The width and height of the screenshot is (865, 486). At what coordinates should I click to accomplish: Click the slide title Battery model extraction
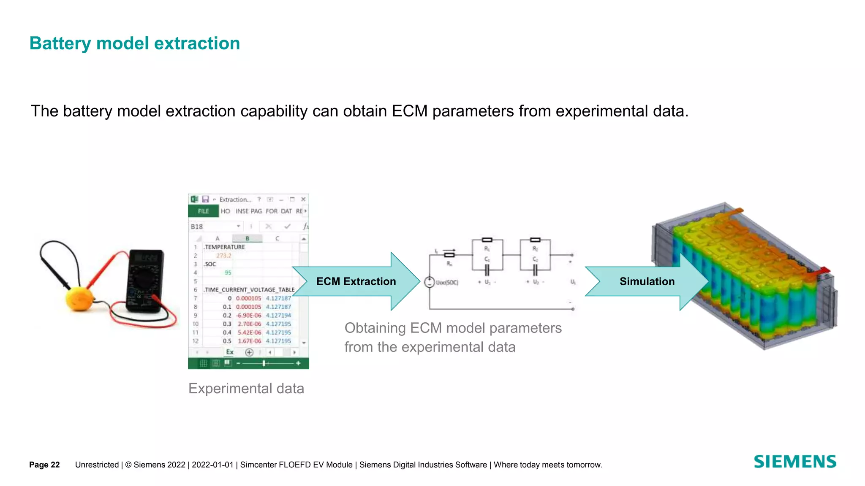(x=134, y=43)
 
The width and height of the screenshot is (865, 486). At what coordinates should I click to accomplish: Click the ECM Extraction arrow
(x=356, y=281)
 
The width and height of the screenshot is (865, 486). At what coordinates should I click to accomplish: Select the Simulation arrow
(x=647, y=281)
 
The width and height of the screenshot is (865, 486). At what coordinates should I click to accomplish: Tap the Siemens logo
(x=794, y=462)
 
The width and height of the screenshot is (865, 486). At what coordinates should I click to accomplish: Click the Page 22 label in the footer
(x=44, y=464)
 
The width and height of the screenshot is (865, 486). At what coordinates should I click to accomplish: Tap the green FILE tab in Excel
(x=203, y=211)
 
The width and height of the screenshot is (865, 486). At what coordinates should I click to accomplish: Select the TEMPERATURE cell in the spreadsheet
(x=224, y=247)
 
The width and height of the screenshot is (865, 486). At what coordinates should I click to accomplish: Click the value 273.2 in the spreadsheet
(x=223, y=256)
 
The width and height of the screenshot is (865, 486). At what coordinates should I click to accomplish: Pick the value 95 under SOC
(x=228, y=273)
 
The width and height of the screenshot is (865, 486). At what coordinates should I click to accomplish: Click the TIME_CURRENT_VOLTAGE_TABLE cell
(x=249, y=290)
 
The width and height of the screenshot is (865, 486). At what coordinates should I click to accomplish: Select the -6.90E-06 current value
(x=248, y=316)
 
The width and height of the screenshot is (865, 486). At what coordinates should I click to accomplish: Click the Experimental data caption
(x=246, y=388)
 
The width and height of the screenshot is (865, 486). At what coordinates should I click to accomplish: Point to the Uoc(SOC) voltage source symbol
(x=429, y=282)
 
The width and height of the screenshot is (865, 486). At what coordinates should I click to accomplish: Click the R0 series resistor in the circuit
(x=449, y=255)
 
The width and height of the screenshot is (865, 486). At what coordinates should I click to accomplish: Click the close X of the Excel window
(x=303, y=199)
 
